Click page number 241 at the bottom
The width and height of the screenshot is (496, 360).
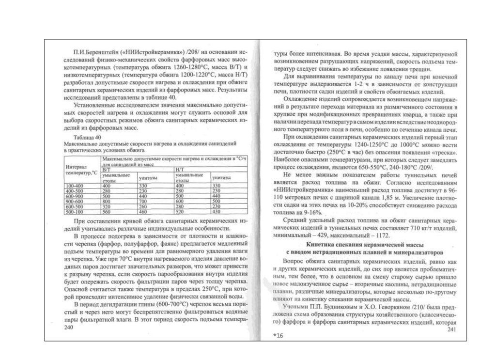451,330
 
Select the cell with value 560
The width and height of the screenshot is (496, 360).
106,212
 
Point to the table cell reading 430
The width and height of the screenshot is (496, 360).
216,212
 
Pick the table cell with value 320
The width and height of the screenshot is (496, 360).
106,206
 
